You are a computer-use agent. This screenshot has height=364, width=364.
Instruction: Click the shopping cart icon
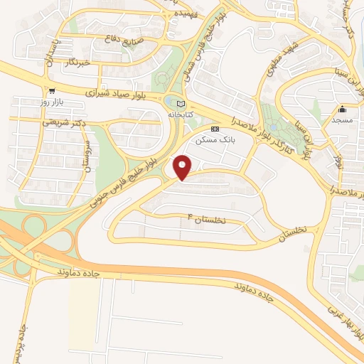pyautogui.click(x=52, y=92)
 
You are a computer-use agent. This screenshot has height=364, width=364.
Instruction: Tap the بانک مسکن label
pyautogui.click(x=215, y=139)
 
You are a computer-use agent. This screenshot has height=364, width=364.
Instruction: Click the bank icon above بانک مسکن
pyautogui.click(x=215, y=129)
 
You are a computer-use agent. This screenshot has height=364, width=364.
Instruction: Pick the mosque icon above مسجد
pyautogui.click(x=343, y=109)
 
